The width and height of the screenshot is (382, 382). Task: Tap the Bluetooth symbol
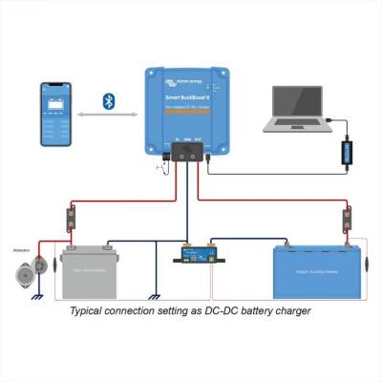(110, 99)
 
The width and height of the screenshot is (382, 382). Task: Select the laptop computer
(299, 107)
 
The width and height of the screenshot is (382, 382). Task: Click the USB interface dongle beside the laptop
(349, 151)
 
